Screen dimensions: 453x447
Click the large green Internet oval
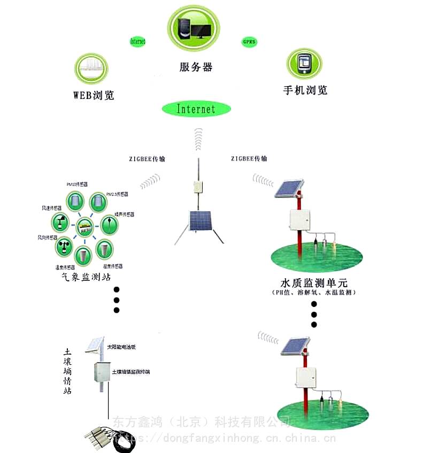[x=196, y=109]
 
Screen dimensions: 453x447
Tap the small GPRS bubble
[x=249, y=42]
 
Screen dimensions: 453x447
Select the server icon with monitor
[x=194, y=29]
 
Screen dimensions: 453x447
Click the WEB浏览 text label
[x=94, y=96]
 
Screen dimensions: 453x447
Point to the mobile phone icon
[x=304, y=64]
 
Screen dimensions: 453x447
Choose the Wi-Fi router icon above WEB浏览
[x=90, y=68]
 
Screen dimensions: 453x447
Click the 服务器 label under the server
[x=196, y=67]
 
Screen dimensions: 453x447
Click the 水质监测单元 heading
[x=314, y=282]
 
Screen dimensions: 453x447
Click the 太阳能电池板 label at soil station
[x=121, y=347]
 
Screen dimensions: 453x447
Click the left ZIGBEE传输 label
[x=147, y=159]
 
